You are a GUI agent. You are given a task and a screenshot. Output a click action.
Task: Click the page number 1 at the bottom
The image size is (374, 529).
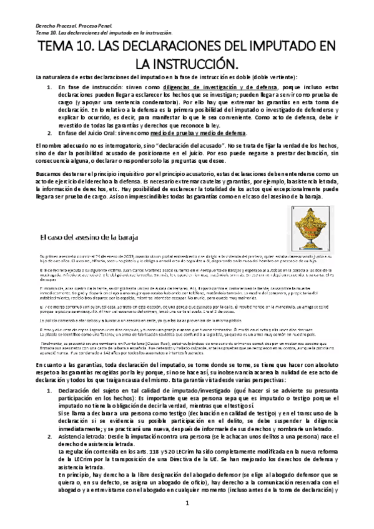click(x=187, y=520)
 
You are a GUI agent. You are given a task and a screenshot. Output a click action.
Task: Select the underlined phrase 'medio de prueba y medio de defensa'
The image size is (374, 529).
click(x=205, y=133)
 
